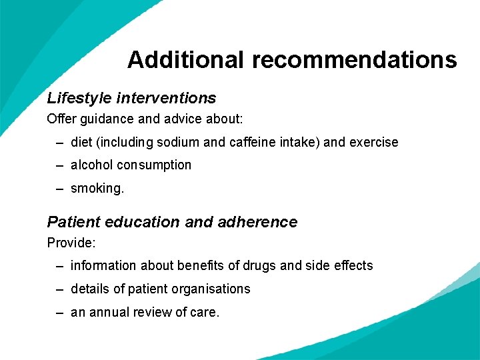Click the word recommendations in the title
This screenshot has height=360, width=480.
point(354,60)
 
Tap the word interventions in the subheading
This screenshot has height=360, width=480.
point(166,98)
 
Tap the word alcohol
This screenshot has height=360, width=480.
point(91,165)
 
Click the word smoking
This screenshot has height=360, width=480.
point(97,189)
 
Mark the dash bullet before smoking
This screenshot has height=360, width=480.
point(60,189)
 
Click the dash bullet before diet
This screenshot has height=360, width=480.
point(60,143)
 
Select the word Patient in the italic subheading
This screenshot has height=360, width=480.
point(71,222)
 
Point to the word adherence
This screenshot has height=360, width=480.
point(257,222)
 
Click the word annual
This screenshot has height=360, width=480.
point(107,311)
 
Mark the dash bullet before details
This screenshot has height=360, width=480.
point(60,289)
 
